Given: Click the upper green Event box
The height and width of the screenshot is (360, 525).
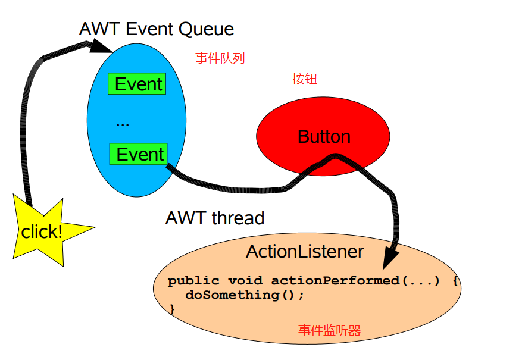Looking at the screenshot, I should pos(137,84).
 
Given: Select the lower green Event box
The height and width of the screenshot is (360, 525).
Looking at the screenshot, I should pos(139,155).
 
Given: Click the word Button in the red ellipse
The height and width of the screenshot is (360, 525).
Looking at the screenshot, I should pos(324,137).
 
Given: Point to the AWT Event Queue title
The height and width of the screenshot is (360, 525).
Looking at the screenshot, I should pos(156,29).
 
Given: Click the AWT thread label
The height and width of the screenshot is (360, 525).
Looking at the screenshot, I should pos(214,218).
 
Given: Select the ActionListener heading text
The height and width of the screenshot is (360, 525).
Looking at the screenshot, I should pos(304,252).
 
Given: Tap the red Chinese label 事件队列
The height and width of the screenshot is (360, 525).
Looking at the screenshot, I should pos(220,58).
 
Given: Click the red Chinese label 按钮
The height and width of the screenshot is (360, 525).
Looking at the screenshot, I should pos(304,79).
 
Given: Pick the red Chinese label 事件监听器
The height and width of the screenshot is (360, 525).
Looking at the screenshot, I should pos(329,331).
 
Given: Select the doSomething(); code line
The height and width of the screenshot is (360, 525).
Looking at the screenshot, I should pos(245,295).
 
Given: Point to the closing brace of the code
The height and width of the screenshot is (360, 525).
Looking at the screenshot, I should pos(173,309).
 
